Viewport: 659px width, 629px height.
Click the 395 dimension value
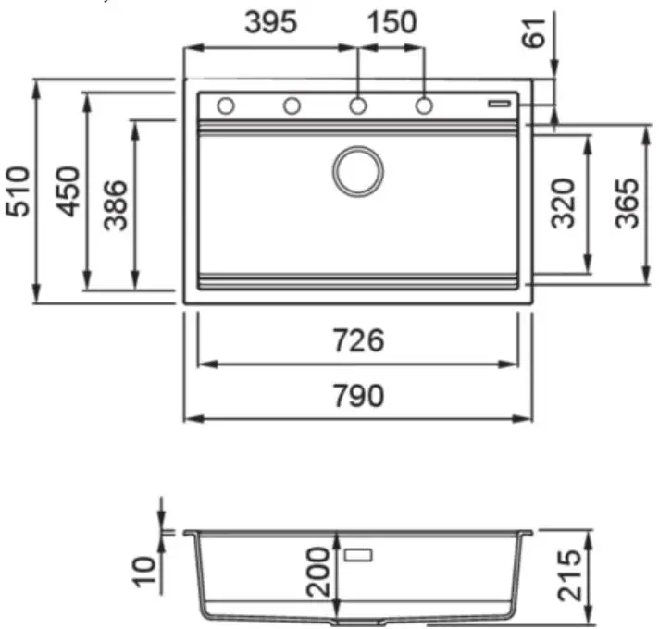click(271, 22)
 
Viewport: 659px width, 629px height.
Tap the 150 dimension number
click(392, 22)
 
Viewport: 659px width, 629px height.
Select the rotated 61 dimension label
click(533, 33)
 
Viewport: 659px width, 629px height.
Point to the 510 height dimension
click(19, 191)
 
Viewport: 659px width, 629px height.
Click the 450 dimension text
click(68, 191)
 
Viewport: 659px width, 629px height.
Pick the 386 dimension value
click(115, 205)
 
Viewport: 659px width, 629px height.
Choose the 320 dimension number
click(563, 203)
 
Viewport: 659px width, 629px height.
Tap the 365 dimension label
click(627, 203)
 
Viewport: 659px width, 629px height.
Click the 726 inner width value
click(358, 340)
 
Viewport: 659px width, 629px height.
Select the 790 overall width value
click(358, 396)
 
